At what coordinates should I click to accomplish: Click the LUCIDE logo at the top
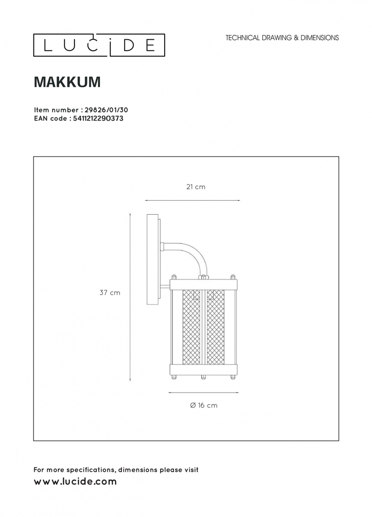click(x=99, y=45)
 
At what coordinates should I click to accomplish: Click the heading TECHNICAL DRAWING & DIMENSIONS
click(x=282, y=38)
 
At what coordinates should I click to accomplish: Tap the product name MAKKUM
click(x=67, y=82)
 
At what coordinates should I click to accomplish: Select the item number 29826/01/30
click(x=106, y=110)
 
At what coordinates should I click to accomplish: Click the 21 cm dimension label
click(x=196, y=187)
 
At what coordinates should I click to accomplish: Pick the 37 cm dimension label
click(x=110, y=293)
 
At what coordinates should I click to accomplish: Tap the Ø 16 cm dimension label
click(x=204, y=405)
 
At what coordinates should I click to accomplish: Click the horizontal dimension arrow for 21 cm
click(x=192, y=200)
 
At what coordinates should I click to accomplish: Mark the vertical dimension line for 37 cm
click(x=130, y=298)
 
